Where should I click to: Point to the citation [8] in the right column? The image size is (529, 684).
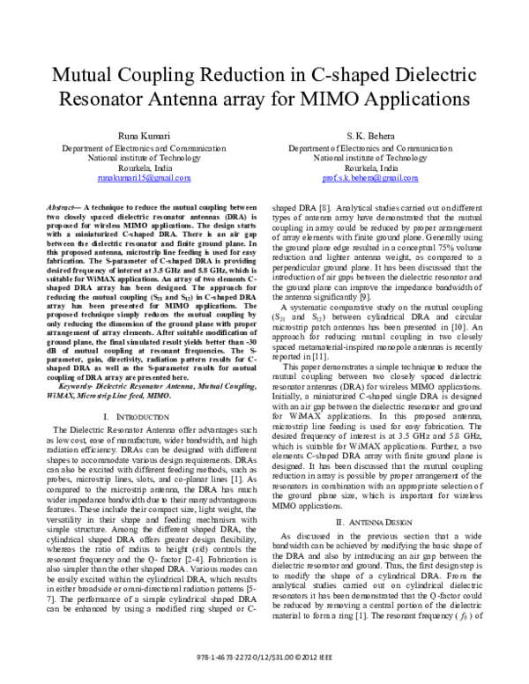(x=324, y=206)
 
